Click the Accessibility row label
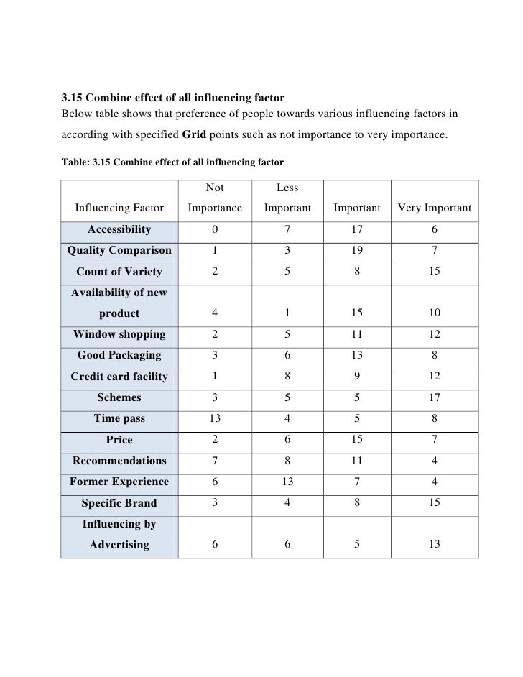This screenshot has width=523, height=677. pyautogui.click(x=119, y=229)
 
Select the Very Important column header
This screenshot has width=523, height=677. pyautogui.click(x=434, y=208)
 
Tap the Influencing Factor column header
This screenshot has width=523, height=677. pyautogui.click(x=119, y=208)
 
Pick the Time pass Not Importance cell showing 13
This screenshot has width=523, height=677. pyautogui.click(x=215, y=418)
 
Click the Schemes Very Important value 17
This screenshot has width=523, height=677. pyautogui.click(x=434, y=397)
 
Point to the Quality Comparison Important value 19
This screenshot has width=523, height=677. pyautogui.click(x=357, y=250)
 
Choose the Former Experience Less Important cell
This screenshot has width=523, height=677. pyautogui.click(x=287, y=482)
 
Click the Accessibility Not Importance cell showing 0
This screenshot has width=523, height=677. pyautogui.click(x=215, y=229)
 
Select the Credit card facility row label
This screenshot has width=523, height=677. pyautogui.click(x=119, y=377)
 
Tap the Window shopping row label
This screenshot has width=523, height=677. pyautogui.click(x=119, y=334)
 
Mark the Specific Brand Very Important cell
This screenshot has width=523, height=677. pyautogui.click(x=434, y=503)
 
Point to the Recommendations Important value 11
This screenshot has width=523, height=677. pyautogui.click(x=357, y=461)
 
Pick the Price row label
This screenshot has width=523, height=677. pyautogui.click(x=119, y=440)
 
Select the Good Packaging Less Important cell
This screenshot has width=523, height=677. pyautogui.click(x=287, y=355)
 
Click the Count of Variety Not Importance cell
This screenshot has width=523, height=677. pyautogui.click(x=215, y=272)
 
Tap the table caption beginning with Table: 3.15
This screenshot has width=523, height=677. pyautogui.click(x=172, y=162)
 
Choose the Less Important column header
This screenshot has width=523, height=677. pyautogui.click(x=287, y=198)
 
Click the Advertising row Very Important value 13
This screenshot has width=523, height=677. pyautogui.click(x=434, y=545)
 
